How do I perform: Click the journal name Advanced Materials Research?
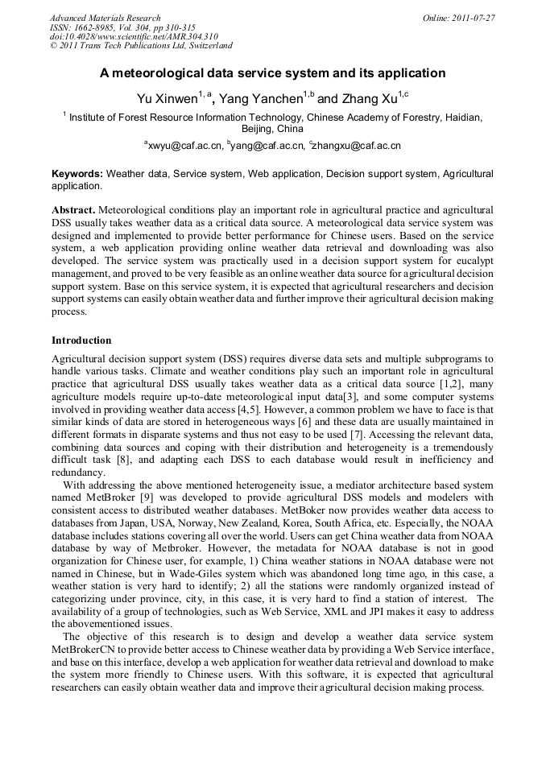point(105,18)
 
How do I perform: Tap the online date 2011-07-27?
point(469,18)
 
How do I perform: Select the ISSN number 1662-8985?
point(94,27)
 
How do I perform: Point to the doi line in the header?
point(134,37)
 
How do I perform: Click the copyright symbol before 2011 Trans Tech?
point(53,47)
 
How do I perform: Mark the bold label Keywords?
point(77,173)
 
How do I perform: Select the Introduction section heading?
point(81,341)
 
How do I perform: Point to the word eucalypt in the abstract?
point(471,262)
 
